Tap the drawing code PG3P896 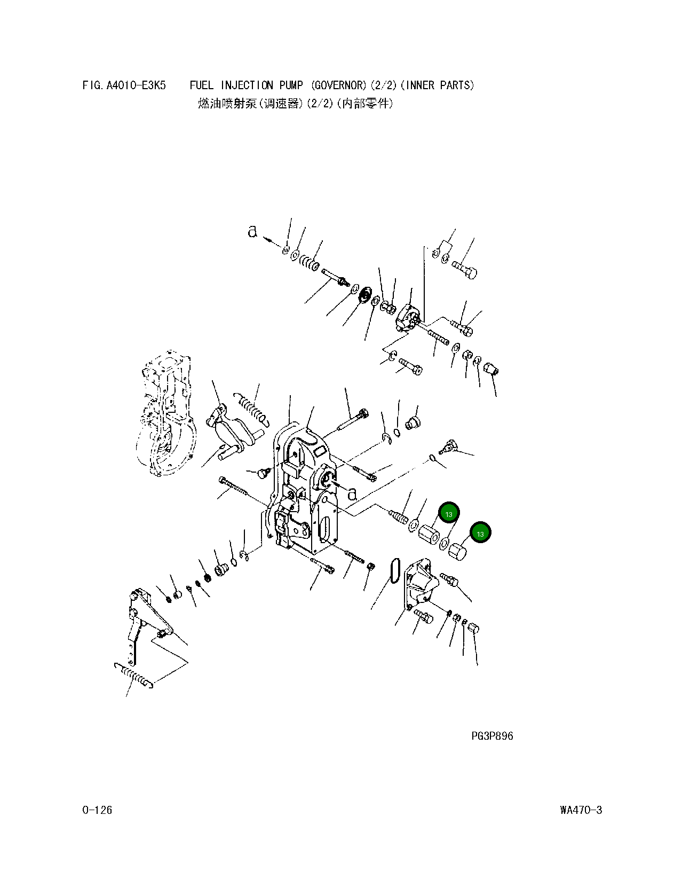pyautogui.click(x=491, y=736)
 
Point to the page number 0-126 pyautogui.click(x=97, y=810)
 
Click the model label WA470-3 pyautogui.click(x=581, y=810)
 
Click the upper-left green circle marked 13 pyautogui.click(x=449, y=514)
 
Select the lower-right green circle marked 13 pyautogui.click(x=480, y=533)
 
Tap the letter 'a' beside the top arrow pyautogui.click(x=252, y=231)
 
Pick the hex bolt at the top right pyautogui.click(x=465, y=269)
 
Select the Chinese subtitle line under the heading pyautogui.click(x=295, y=104)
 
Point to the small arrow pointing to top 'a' pyautogui.click(x=273, y=241)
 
